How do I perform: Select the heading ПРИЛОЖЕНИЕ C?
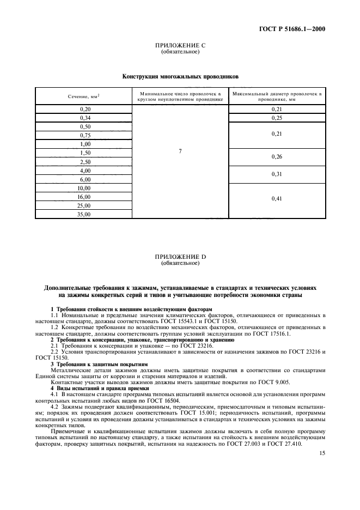click(x=180, y=46)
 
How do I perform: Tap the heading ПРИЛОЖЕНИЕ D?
click(x=180, y=257)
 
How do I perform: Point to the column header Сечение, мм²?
click(x=83, y=96)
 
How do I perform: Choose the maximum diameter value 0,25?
click(x=277, y=118)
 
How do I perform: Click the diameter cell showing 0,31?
click(x=277, y=174)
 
